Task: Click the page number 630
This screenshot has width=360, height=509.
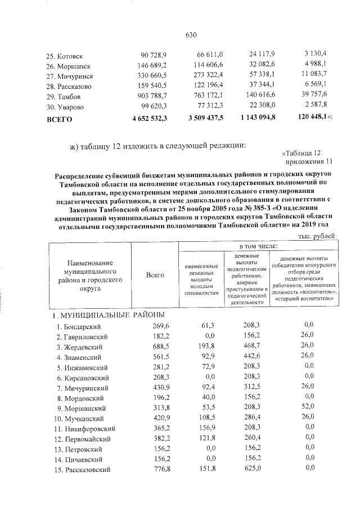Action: coord(190,35)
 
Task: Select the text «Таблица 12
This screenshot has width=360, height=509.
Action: coord(300,152)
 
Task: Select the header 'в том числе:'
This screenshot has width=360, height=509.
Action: coord(258,246)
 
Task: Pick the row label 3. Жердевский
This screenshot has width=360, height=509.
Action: coord(79,347)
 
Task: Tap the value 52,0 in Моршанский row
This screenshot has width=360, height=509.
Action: coord(307,408)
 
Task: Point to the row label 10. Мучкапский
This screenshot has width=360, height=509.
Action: coord(78,418)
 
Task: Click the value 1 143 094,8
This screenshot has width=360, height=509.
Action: coord(254,119)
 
